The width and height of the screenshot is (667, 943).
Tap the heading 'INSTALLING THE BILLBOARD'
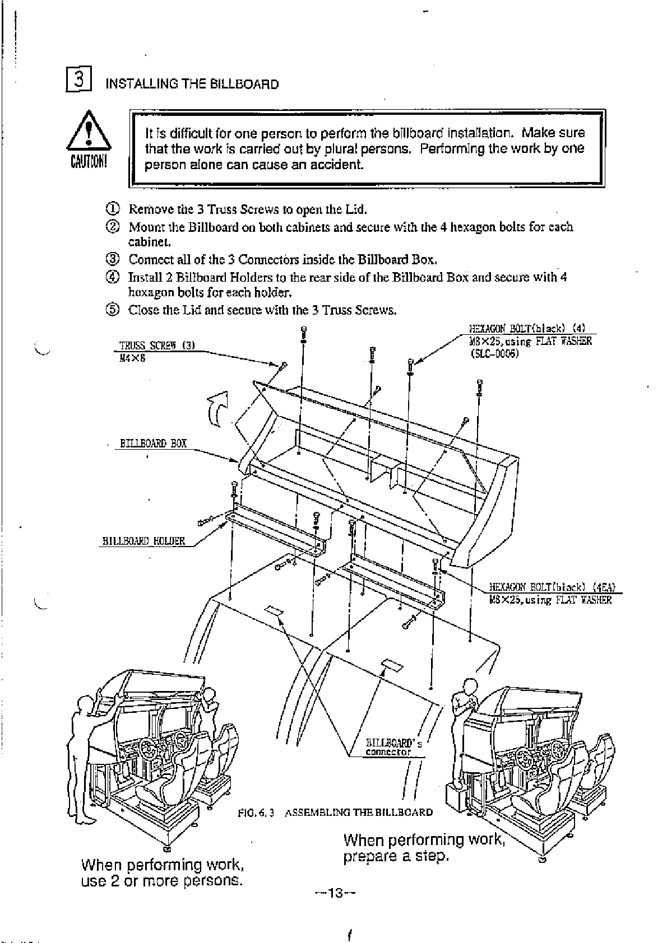click(192, 85)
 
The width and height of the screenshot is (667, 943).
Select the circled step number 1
click(112, 210)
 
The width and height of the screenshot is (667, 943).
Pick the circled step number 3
click(112, 260)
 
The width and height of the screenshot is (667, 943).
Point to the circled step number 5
click(112, 310)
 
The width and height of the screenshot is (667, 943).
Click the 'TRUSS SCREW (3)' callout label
click(156, 346)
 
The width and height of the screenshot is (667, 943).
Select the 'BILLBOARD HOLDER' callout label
click(143, 541)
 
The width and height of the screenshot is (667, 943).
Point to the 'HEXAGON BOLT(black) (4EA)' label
click(553, 587)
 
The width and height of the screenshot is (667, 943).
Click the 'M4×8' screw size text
click(132, 358)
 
